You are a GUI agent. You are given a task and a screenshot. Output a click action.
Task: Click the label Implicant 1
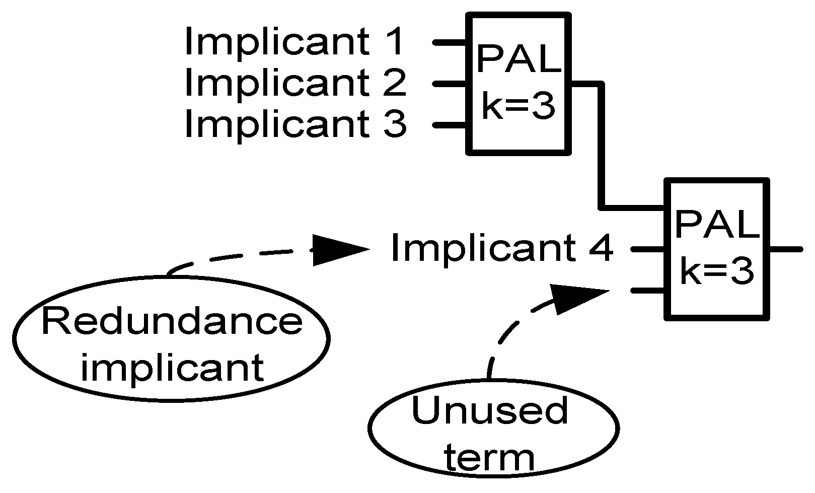tap(294, 41)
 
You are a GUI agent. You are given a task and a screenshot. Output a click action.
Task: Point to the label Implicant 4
tap(501, 248)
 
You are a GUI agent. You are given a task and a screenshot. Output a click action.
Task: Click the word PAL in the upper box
tap(519, 59)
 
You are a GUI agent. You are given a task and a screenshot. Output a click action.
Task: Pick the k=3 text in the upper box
tap(519, 107)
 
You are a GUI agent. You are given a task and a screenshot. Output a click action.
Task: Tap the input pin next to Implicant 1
tap(450, 43)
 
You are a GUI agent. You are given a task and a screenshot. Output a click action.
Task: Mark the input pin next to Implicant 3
tap(450, 124)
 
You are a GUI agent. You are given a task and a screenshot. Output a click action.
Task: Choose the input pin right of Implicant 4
tap(647, 248)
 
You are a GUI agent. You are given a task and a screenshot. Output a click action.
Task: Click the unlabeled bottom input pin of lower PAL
tap(647, 291)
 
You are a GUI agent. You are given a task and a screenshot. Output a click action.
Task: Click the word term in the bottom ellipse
tap(490, 458)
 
